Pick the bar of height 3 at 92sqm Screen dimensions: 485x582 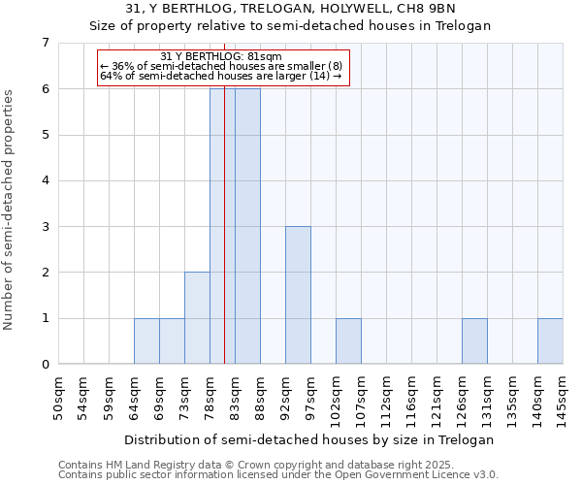(x=298, y=295)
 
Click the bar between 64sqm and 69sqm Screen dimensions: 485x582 (x=146, y=341)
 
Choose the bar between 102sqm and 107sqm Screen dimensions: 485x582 (x=348, y=341)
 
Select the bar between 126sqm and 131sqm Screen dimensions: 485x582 (x=474, y=341)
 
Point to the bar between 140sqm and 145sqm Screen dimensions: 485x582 (x=550, y=341)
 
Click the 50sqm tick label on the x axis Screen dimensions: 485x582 (x=59, y=398)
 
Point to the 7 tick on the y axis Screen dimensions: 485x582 (x=45, y=43)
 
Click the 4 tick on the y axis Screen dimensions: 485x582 (x=45, y=180)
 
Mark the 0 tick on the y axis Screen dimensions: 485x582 (x=45, y=365)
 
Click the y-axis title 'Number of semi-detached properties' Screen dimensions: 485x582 (x=10, y=210)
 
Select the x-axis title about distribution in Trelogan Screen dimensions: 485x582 (x=309, y=439)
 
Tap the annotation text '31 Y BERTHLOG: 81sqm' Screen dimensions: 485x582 (x=221, y=56)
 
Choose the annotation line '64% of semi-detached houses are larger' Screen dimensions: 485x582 (x=221, y=76)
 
